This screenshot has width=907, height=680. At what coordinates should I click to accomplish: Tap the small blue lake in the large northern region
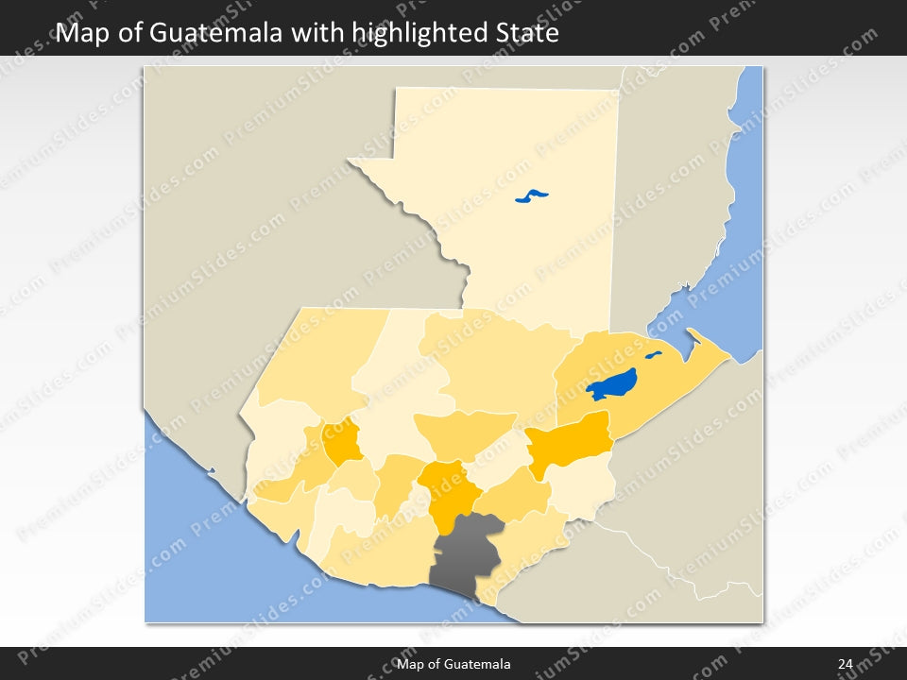532,197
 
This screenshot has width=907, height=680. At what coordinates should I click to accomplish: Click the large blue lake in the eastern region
611,385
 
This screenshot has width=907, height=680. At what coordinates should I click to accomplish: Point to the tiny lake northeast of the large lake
653,356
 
